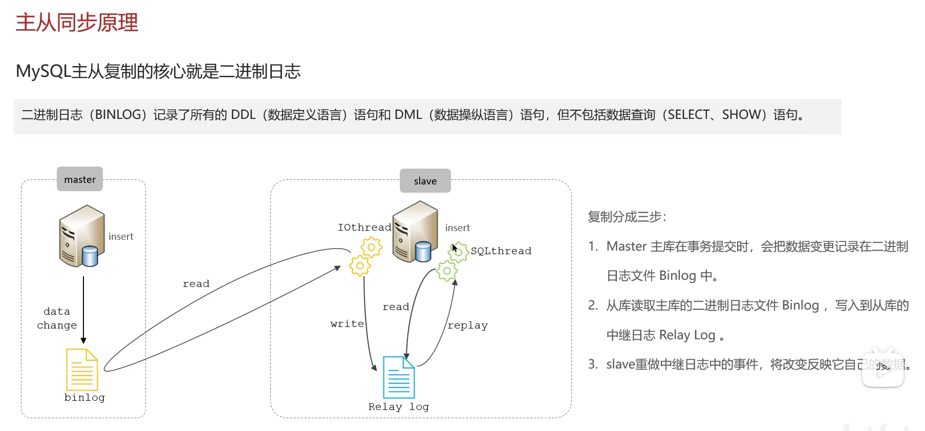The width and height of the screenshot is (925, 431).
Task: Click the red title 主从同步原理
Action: pyautogui.click(x=77, y=23)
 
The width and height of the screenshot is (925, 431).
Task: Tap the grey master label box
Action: pyautogui.click(x=80, y=179)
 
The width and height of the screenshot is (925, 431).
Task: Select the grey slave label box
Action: pyautogui.click(x=425, y=181)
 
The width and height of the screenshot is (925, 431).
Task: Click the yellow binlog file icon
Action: pyautogui.click(x=82, y=370)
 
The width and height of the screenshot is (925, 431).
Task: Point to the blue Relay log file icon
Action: pyautogui.click(x=399, y=377)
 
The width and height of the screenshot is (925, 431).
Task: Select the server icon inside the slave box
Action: pyautogui.click(x=415, y=232)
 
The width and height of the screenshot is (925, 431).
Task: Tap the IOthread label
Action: pyautogui.click(x=364, y=227)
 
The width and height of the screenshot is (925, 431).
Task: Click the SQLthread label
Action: pyautogui.click(x=501, y=251)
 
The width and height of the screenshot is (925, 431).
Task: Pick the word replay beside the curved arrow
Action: pyautogui.click(x=467, y=325)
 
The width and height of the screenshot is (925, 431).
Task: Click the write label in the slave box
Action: pyautogui.click(x=347, y=324)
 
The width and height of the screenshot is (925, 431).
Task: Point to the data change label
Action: pyautogui.click(x=57, y=318)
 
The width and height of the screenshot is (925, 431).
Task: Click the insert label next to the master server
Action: pyautogui.click(x=121, y=236)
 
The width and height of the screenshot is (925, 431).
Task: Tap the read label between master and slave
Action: pyautogui.click(x=196, y=284)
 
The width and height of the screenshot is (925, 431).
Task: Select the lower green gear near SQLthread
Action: pyautogui.click(x=447, y=271)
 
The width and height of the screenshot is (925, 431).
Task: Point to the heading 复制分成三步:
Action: pyautogui.click(x=627, y=217)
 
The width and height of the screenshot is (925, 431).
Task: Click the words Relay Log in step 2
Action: pyautogui.click(x=687, y=335)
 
